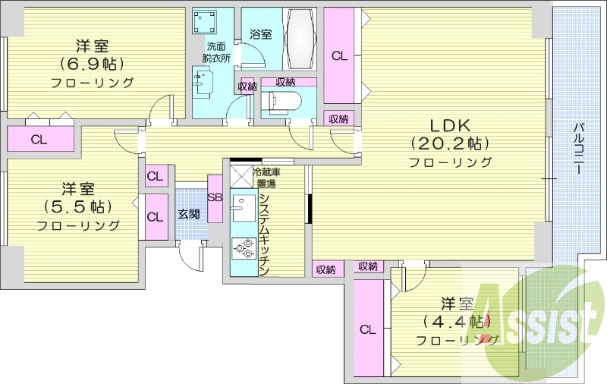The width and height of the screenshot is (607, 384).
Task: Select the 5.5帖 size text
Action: click(78, 206)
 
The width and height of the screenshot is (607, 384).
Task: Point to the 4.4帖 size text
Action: click(457, 322)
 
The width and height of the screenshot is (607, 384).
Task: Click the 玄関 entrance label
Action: click(189, 215)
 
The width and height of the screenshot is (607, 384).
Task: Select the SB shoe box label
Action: click(215, 198)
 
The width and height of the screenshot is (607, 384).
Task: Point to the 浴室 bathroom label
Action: click(261, 34)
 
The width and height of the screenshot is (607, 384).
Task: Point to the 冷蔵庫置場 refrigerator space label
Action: click(265, 178)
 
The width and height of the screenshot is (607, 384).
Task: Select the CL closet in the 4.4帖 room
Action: click(367, 329)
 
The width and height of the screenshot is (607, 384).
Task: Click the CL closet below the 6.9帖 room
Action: click(39, 139)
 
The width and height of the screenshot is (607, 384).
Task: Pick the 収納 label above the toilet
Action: click(285, 82)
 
